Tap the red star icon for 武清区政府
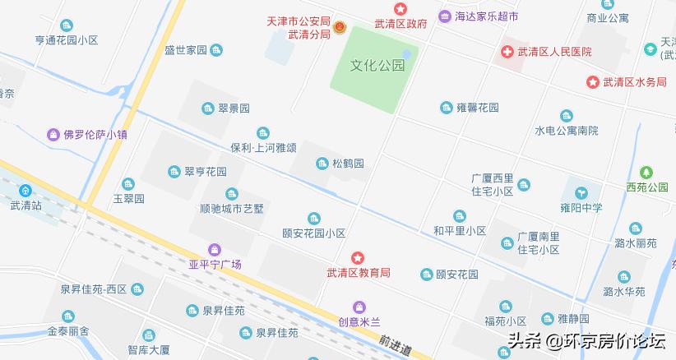(401, 9)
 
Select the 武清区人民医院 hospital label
(554, 52)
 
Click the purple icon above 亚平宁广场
(215, 249)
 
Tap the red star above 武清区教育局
(357, 258)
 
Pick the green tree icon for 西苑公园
(646, 173)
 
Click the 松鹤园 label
(348, 164)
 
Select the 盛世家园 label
(185, 50)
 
